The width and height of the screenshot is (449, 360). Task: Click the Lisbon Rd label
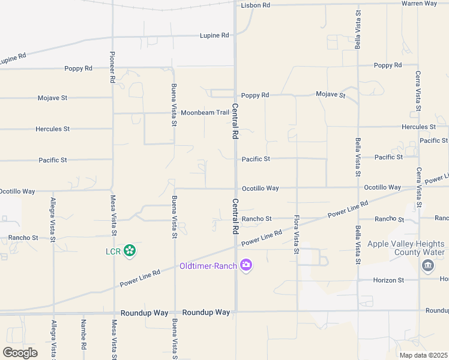[256, 5]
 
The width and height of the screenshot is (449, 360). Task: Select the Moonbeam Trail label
[205, 112]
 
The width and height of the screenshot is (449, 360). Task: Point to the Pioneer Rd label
[112, 66]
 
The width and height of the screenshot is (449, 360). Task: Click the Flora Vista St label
[296, 234]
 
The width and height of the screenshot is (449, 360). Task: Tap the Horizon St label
[388, 280]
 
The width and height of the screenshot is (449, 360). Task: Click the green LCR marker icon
[129, 251]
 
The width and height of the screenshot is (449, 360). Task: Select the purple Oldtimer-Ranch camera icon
[246, 265]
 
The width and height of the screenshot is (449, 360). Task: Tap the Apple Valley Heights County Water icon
[427, 265]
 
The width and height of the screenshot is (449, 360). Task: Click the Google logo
[20, 353]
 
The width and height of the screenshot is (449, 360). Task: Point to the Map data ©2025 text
[423, 355]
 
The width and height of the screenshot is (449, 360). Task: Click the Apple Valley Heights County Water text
[406, 248]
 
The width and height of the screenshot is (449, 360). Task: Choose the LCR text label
[113, 251]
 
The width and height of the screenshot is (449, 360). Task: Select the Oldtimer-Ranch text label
[208, 266]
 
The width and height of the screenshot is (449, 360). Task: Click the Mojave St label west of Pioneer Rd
[52, 98]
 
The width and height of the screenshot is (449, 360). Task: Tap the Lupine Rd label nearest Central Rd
[214, 35]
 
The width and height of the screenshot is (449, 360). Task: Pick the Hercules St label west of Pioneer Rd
[52, 129]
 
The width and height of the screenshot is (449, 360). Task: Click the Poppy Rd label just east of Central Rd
[255, 95]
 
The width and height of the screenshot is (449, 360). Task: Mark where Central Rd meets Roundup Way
[236, 311]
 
